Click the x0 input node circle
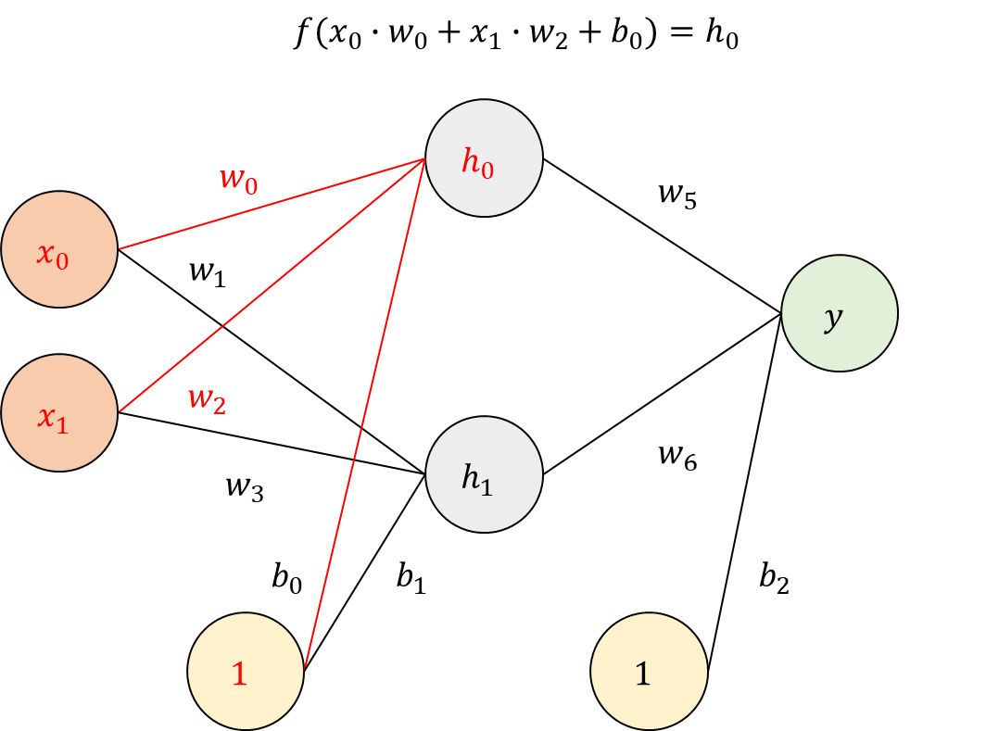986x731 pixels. pos(59,250)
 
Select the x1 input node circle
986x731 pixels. pos(59,413)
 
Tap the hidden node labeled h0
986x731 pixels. pos(484,158)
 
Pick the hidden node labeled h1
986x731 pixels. pos(484,474)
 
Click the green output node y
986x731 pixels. pos(840,313)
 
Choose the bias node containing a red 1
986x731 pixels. pos(246,672)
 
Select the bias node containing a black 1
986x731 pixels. pos(649,672)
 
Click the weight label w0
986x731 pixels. pos(238,179)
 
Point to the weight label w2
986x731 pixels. pos(207,399)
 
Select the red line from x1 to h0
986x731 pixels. pos(278,281)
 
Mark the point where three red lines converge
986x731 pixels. pos(424,158)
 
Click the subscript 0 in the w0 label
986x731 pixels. pos(251,185)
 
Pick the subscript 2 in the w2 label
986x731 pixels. pos(219,406)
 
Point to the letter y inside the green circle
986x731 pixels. pos(834,318)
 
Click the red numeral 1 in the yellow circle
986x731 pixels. pos(239,674)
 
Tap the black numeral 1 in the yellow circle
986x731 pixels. pos(642,674)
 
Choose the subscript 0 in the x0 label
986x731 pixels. pos(62,261)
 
